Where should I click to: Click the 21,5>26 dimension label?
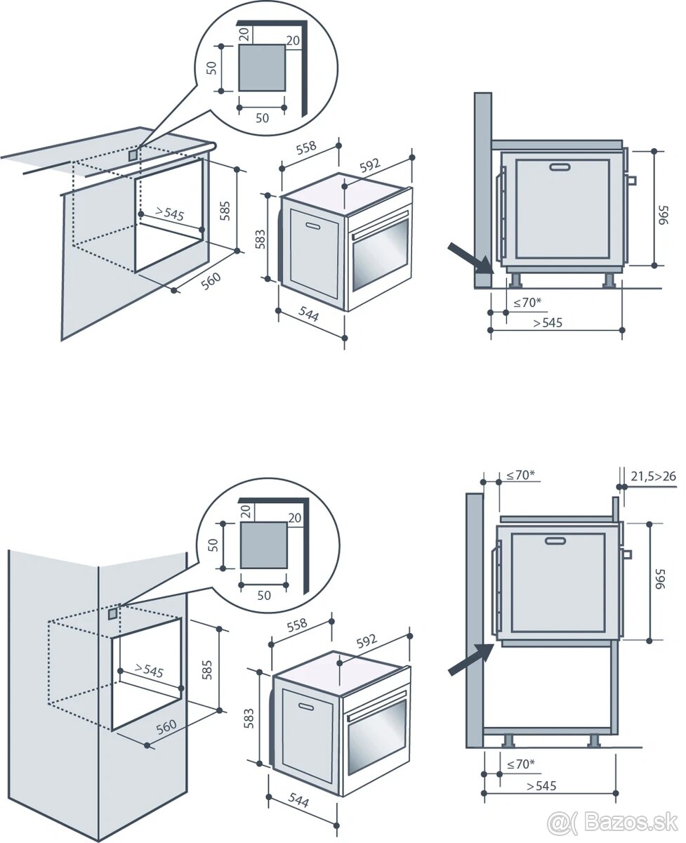[653, 476]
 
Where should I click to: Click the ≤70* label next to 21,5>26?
[520, 475]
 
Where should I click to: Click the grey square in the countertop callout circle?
[262, 68]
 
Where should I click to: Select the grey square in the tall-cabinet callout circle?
[263, 545]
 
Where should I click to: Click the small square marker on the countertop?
[134, 153]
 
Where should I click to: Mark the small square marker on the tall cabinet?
[112, 615]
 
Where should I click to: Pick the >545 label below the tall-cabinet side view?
[541, 785]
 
